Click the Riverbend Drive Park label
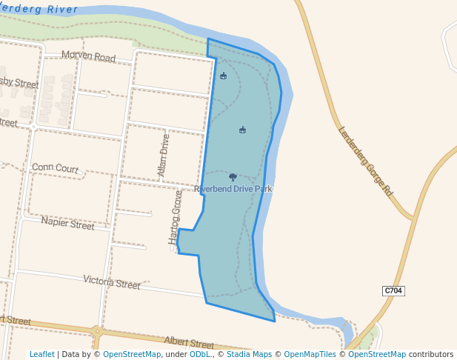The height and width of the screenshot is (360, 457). point(233,189)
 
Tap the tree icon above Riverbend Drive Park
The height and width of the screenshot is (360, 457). point(233,177)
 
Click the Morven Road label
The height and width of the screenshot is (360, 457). point(89,56)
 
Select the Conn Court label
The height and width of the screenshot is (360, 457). point(55,168)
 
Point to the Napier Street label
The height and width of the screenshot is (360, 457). point(67,223)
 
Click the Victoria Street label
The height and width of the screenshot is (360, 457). point(112,281)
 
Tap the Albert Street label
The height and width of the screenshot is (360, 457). point(189,342)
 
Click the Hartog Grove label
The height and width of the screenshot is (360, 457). point(176,217)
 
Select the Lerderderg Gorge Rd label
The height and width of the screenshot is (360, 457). point(365,161)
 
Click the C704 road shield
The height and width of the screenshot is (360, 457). point(393,290)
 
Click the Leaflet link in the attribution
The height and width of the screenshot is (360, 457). point(41,354)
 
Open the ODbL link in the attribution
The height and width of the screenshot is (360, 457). point(200,354)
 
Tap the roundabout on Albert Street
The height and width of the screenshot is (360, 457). point(97,331)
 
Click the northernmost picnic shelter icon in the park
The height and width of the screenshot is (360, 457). point(223,76)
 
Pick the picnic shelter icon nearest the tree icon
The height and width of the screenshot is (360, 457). point(242,130)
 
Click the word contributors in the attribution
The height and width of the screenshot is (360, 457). point(431,354)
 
